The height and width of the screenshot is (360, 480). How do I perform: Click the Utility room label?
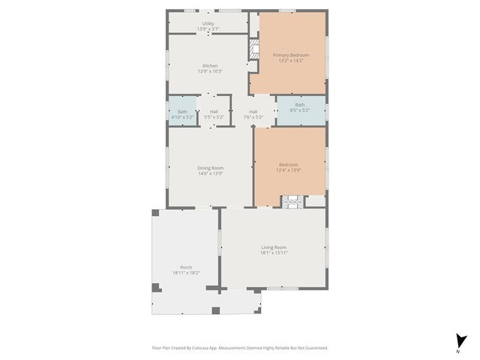tap(208, 23)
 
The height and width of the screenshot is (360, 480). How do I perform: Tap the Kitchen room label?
tap(210, 65)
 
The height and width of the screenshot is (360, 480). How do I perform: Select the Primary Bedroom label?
tap(290, 55)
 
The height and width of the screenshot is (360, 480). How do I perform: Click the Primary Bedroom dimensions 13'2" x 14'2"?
tap(290, 61)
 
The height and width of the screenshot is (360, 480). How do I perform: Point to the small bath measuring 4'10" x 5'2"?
tap(182, 114)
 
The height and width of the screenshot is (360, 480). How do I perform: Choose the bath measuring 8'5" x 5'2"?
tap(300, 107)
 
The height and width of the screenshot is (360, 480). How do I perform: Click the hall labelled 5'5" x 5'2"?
tap(214, 114)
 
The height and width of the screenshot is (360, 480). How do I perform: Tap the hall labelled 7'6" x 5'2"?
tap(253, 114)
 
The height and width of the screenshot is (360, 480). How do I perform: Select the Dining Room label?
tap(210, 167)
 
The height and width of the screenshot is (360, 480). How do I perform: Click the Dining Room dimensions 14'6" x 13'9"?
tap(210, 173)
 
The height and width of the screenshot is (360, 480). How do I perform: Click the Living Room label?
tap(274, 247)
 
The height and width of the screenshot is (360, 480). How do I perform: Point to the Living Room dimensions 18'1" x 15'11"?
tap(274, 253)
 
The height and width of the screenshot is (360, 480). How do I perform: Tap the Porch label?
tap(186, 267)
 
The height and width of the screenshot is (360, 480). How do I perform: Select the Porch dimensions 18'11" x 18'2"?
tap(186, 273)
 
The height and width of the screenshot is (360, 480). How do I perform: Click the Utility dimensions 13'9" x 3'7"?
tap(208, 28)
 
